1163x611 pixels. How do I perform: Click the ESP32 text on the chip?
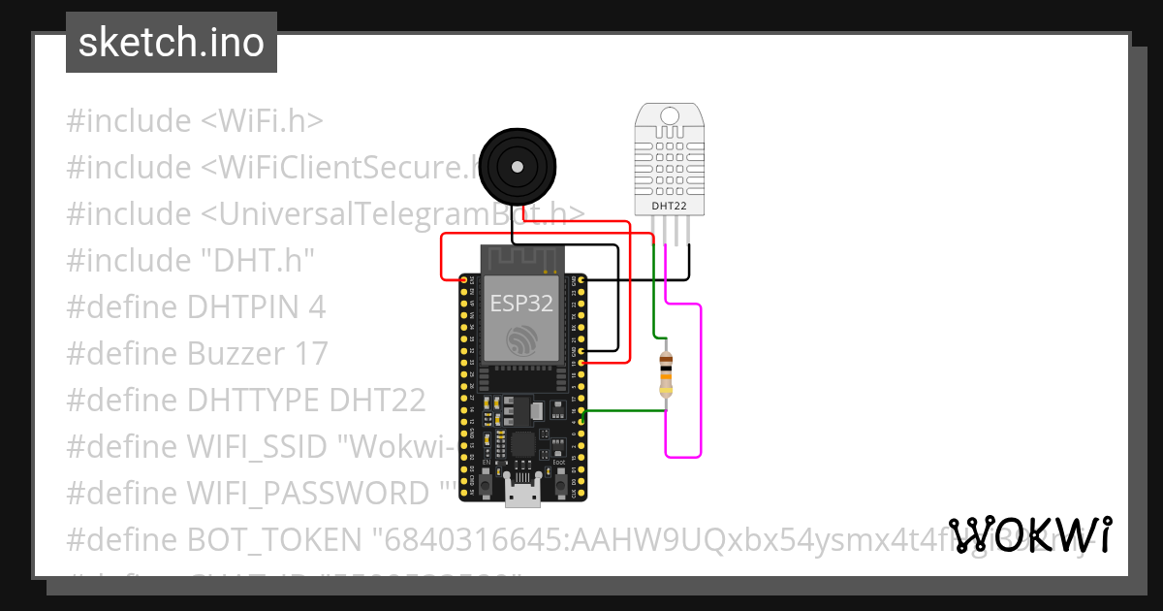pos(521,304)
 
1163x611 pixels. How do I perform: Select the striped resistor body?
pos(665,375)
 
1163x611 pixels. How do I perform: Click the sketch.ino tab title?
pos(171,43)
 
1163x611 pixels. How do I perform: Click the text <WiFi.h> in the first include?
pos(262,121)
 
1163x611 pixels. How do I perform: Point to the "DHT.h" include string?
pos(257,260)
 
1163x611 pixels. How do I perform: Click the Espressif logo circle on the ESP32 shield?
pos(521,339)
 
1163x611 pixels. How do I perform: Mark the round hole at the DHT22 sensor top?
pos(669,116)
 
